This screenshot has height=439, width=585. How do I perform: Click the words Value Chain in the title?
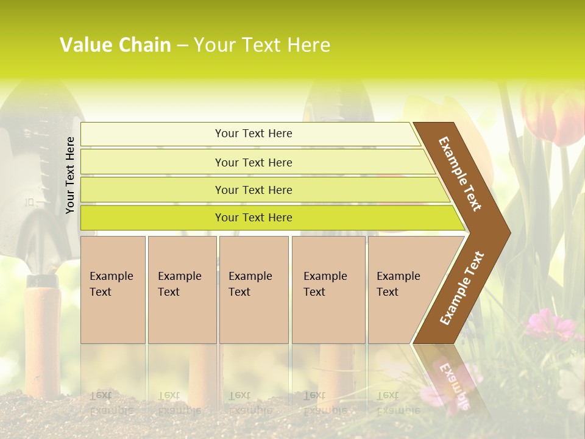115,45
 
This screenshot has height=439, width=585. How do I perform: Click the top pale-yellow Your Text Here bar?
253,134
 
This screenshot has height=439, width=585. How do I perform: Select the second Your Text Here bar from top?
253,162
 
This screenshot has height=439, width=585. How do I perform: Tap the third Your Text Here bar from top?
253,190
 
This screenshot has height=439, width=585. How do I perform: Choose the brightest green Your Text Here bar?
253,218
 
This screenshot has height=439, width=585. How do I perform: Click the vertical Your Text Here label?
70,175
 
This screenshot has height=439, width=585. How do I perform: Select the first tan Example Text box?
113,290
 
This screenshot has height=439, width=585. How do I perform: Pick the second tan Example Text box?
182,290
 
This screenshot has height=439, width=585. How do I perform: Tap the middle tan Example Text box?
253,290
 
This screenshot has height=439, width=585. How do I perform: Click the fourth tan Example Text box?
328,290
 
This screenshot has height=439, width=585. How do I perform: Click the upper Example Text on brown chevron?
460,174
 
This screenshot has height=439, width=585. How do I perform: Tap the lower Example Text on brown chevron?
462,288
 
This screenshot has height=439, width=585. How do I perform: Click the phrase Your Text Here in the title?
262,45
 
